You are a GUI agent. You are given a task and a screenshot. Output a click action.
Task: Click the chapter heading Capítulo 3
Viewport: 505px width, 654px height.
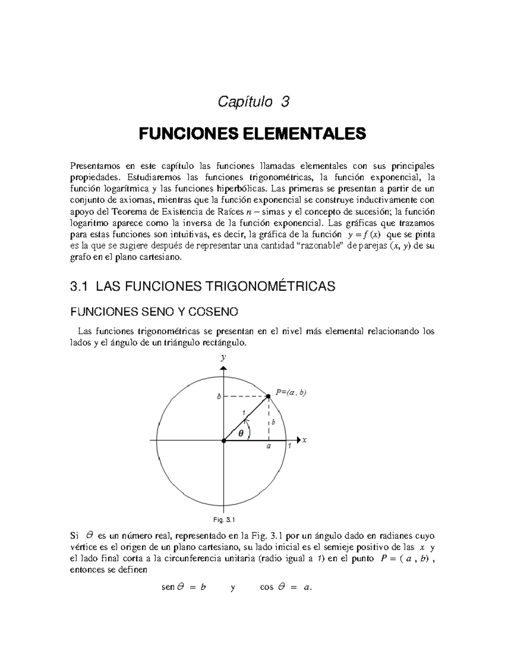tap(253, 102)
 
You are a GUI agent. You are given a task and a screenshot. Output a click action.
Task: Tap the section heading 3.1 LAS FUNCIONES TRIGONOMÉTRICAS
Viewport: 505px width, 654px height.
tap(202, 287)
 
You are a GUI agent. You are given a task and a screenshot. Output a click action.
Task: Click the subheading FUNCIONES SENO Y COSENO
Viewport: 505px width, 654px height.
tap(154, 312)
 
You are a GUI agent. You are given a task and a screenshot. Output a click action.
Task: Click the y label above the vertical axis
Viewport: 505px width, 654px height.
tap(223, 357)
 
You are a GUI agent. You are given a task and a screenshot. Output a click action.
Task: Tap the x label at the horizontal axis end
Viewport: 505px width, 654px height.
tap(304, 440)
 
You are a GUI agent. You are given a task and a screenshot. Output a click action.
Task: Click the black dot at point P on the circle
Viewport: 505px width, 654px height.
tap(268, 396)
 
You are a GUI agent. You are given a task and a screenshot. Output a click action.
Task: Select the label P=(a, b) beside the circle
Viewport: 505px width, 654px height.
tap(291, 392)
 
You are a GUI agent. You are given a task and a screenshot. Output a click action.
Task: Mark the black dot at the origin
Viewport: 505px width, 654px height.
tap(223, 440)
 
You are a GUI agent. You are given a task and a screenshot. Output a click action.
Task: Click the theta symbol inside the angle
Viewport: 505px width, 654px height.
tap(241, 433)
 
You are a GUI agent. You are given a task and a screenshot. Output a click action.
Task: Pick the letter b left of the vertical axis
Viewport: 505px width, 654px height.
tap(218, 397)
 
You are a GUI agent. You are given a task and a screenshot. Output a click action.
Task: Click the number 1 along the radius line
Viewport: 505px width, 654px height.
tap(243, 413)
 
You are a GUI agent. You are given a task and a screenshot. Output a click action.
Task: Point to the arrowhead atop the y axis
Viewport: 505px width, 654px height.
tap(223, 368)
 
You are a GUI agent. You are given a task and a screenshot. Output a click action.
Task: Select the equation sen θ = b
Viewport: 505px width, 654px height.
tap(183, 587)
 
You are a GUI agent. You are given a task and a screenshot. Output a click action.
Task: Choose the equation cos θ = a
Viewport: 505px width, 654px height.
tap(286, 587)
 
